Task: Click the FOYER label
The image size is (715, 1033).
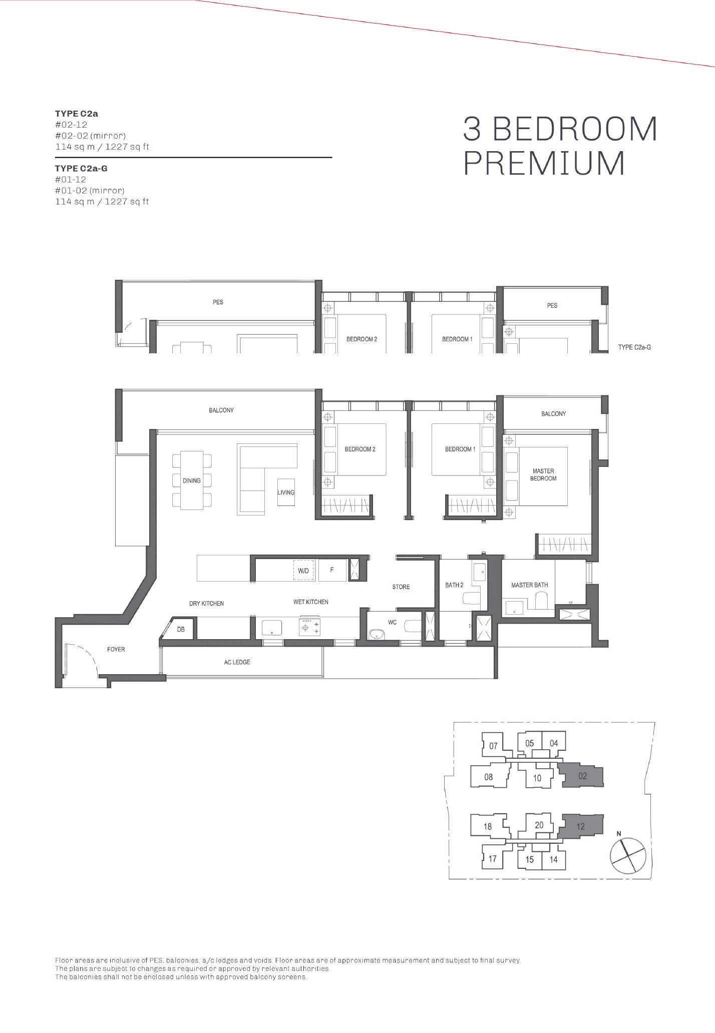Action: pyautogui.click(x=116, y=649)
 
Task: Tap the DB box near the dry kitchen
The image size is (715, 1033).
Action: pyautogui.click(x=181, y=629)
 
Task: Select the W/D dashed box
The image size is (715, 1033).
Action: pyautogui.click(x=303, y=570)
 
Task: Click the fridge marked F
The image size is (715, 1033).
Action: pyautogui.click(x=332, y=570)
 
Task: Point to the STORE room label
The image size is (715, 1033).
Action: pyautogui.click(x=401, y=587)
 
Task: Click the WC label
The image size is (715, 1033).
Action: pyautogui.click(x=393, y=622)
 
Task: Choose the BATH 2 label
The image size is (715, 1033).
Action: pyautogui.click(x=454, y=585)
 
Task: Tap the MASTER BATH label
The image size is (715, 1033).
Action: pyautogui.click(x=529, y=585)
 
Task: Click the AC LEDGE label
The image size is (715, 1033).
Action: pyautogui.click(x=237, y=662)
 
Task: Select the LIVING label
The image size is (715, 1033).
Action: pyautogui.click(x=286, y=492)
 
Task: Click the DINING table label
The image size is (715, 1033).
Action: pyautogui.click(x=192, y=480)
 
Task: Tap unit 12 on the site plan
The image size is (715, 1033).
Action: pyautogui.click(x=580, y=826)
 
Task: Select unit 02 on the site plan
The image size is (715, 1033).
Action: pyautogui.click(x=582, y=776)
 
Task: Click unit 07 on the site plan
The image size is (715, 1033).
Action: pyautogui.click(x=493, y=746)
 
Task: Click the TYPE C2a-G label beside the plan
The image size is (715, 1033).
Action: pyautogui.click(x=634, y=347)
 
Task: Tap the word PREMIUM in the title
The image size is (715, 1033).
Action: pyautogui.click(x=545, y=163)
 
